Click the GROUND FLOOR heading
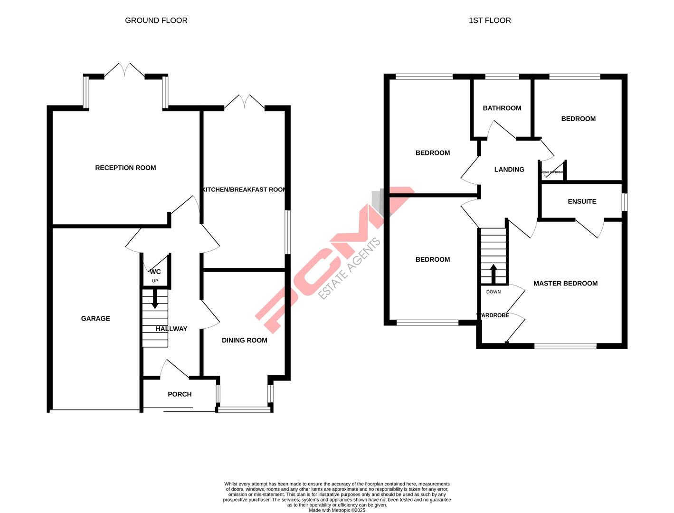156,20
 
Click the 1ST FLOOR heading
490,20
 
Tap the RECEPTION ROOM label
125,168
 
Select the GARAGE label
95,319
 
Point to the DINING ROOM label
244,340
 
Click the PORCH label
180,394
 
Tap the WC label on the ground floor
155,272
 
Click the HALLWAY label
171,329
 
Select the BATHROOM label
502,108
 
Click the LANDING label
509,170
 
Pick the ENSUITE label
582,201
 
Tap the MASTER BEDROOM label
565,284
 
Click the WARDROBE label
493,315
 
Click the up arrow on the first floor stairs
494,273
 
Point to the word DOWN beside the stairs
494,292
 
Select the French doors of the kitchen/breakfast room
244,102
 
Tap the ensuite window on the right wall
625,201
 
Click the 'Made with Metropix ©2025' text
337,510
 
